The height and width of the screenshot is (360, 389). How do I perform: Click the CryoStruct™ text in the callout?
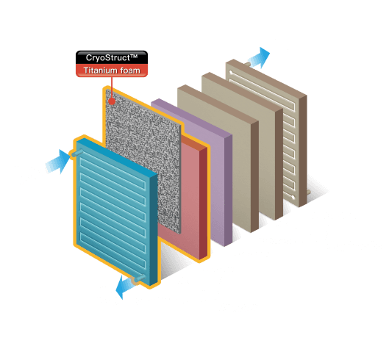[112, 57]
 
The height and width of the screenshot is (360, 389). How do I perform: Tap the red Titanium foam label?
[112, 70]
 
